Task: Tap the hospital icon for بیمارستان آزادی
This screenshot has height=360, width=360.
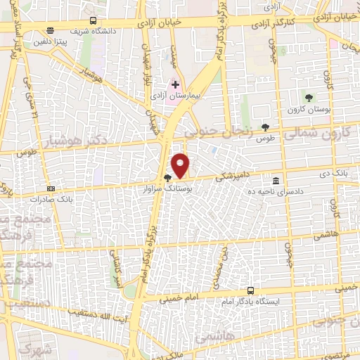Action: click(x=175, y=84)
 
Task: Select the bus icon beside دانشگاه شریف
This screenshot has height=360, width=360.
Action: click(x=95, y=21)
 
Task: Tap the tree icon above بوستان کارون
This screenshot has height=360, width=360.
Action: click(x=308, y=97)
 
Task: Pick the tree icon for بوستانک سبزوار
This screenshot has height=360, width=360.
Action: click(x=167, y=178)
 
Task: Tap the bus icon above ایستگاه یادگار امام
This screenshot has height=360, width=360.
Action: click(x=251, y=290)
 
